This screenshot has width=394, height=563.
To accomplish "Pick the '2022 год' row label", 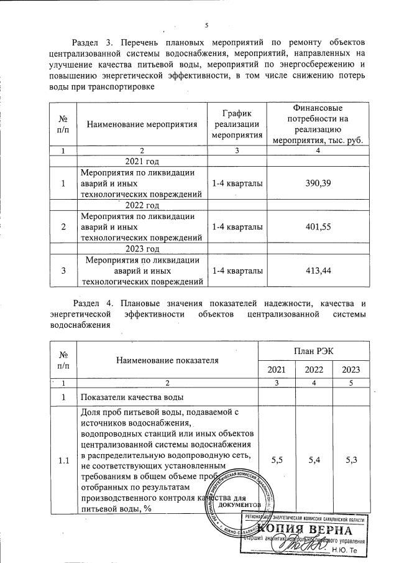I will coord(142,205).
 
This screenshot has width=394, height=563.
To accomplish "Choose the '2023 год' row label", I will coord(142,249).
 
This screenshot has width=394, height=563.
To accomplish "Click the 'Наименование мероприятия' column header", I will coord(142,124).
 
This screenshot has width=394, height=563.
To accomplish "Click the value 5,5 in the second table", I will coord(277,461).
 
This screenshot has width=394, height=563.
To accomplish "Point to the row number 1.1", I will coord(62,461).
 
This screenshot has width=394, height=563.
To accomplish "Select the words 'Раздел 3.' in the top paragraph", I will coord(93,42).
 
